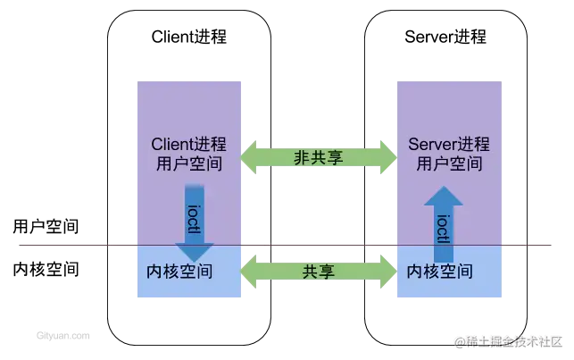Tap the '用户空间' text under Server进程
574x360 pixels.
tap(445, 164)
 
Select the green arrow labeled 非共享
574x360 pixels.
tap(320, 156)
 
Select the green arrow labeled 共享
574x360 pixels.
tap(320, 269)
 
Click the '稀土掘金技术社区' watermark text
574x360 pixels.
tap(513, 341)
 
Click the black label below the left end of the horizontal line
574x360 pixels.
tap(43, 268)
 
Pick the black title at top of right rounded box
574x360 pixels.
tap(445, 38)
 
